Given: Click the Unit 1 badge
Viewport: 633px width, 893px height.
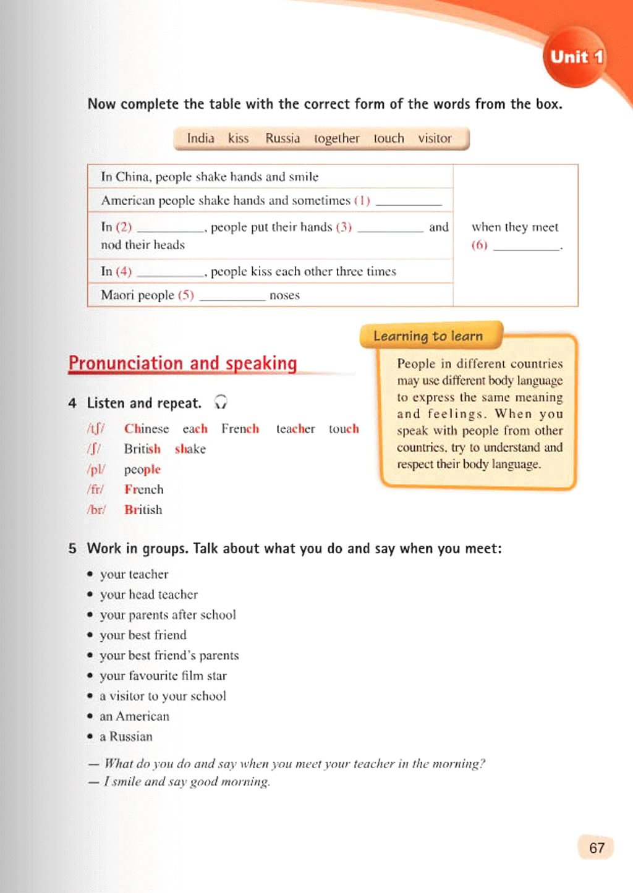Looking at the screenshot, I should (x=576, y=57).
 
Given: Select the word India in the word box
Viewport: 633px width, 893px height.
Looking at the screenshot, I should (x=200, y=138).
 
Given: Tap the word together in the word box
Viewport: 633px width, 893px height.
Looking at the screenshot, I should (x=336, y=138).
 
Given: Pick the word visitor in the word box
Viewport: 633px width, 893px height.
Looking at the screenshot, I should (x=435, y=138).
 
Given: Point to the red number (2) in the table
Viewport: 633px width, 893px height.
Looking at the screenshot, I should (x=124, y=227).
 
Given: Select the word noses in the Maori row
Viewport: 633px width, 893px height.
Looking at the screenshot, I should (x=284, y=295).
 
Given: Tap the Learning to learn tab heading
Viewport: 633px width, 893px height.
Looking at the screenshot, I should (x=428, y=336).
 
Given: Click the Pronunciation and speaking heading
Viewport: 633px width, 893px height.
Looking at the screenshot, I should (x=182, y=363).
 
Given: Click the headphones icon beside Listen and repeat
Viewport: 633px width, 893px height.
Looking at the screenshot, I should (x=221, y=402).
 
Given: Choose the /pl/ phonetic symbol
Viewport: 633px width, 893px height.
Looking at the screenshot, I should (x=96, y=470).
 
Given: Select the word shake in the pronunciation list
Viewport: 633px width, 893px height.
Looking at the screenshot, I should (x=190, y=449).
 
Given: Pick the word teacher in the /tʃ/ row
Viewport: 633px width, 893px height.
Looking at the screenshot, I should (x=295, y=429).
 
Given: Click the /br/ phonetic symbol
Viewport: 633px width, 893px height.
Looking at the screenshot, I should (x=96, y=510).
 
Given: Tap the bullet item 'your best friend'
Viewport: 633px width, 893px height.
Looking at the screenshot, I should (x=143, y=635).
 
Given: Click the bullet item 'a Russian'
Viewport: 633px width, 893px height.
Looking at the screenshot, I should (x=126, y=737).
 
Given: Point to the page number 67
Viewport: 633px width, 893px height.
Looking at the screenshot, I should (x=597, y=848).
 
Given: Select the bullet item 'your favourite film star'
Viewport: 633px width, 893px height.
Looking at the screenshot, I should (x=163, y=676).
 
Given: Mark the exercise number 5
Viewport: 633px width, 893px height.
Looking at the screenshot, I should (x=72, y=549).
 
